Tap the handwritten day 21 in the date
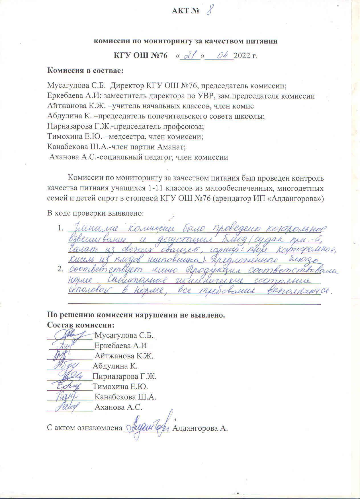188,55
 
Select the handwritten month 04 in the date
222,55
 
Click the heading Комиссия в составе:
85,70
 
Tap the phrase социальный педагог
134,157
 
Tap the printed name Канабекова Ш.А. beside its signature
125,397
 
